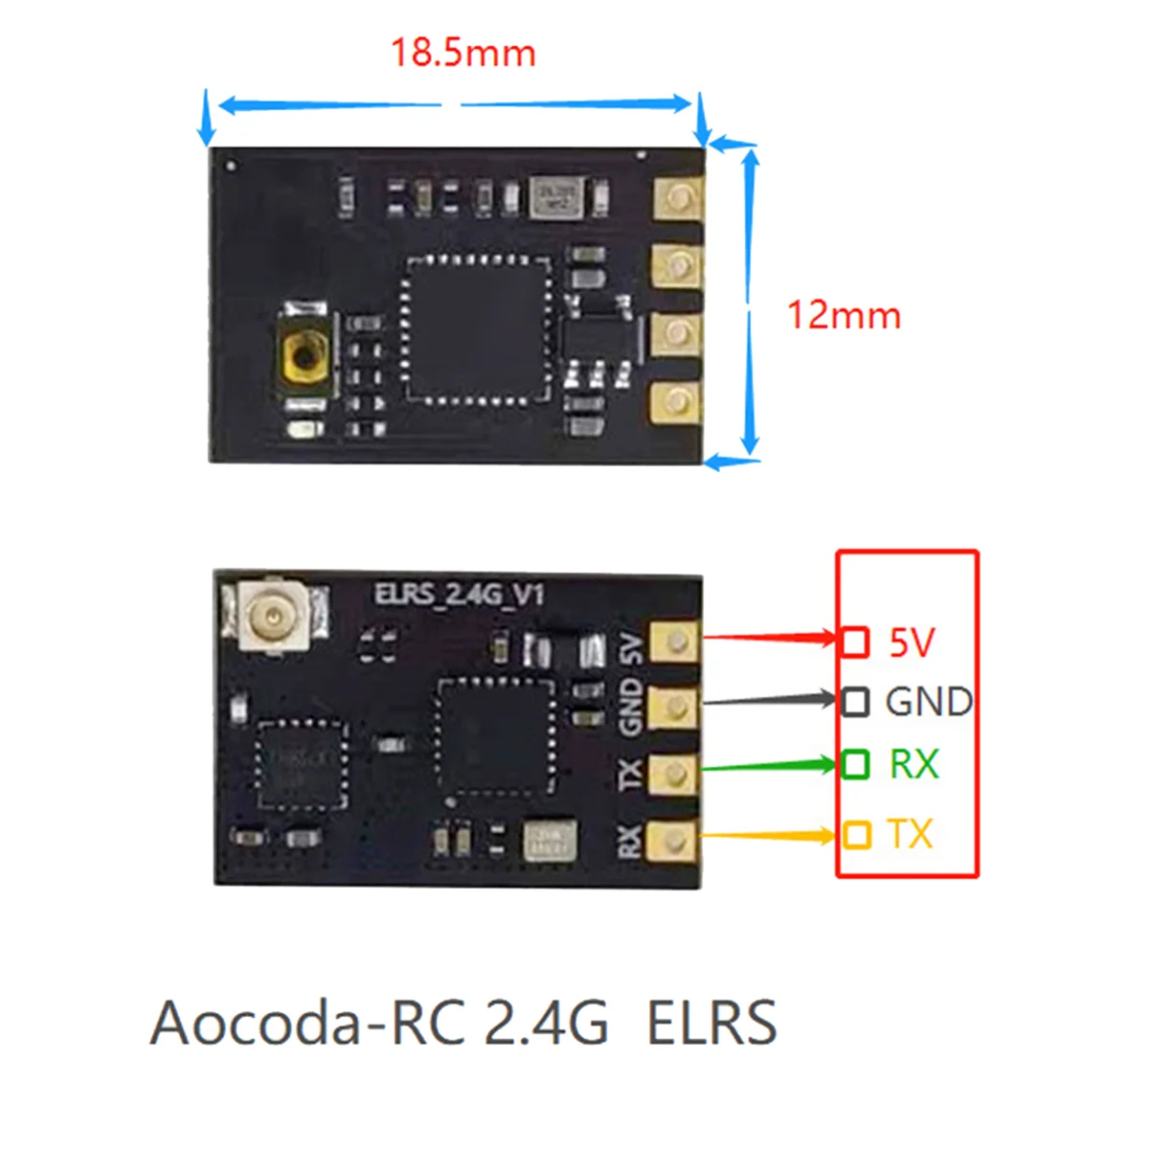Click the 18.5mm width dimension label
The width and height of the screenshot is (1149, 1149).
(x=463, y=53)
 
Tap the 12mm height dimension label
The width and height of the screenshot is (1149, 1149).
(x=844, y=316)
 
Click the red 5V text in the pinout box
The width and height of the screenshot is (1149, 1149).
(x=911, y=642)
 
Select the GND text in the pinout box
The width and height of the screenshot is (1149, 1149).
(x=928, y=702)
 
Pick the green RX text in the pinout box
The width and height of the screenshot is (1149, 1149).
(x=913, y=764)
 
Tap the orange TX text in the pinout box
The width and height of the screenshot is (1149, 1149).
(x=910, y=834)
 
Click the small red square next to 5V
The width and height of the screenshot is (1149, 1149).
(x=855, y=642)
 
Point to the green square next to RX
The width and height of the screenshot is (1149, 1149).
(x=855, y=764)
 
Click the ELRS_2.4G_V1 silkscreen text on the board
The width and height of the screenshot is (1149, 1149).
(x=459, y=595)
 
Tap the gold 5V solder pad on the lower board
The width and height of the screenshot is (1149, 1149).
(x=675, y=642)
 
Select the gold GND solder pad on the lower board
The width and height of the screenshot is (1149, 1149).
(x=675, y=708)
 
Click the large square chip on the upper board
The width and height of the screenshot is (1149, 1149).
(x=476, y=327)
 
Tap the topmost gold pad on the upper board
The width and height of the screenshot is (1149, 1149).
(x=678, y=198)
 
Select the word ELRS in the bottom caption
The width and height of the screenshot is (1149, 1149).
(x=711, y=1023)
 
